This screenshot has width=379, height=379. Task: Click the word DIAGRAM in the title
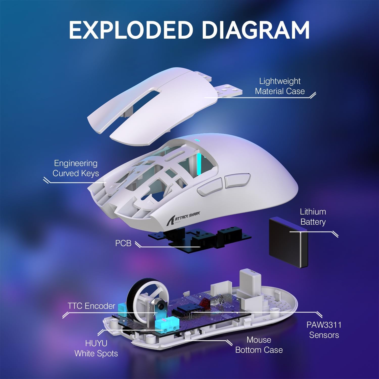tap(255, 30)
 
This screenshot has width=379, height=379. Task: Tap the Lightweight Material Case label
tap(280, 86)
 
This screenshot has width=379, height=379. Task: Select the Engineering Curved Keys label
tap(76, 168)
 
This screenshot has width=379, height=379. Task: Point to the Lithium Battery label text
tap(313, 217)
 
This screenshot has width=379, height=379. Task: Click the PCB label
tap(123, 243)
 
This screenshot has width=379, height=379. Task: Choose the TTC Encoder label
tap(91, 306)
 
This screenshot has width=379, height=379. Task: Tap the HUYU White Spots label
tap(96, 348)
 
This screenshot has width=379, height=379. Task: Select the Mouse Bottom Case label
tap(259, 345)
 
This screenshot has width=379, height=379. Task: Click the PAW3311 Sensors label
tap(324, 330)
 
